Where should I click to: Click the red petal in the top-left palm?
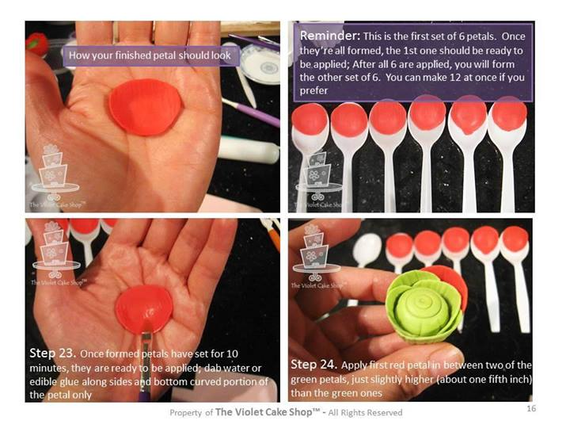146,107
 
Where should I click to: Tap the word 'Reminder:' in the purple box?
329,36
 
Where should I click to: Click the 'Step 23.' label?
52,353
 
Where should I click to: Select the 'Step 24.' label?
314,365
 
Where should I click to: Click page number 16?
531,408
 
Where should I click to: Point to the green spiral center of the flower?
422,311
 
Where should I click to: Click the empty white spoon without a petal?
367,251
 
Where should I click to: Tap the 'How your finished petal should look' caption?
150,55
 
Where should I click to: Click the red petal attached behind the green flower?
454,282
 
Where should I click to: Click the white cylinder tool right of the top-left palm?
249,149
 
